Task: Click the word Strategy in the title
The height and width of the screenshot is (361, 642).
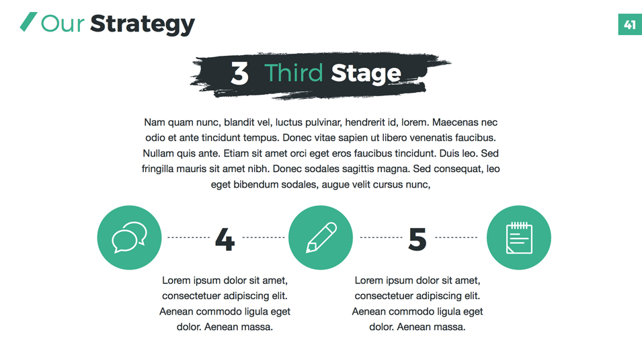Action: [x=142, y=24]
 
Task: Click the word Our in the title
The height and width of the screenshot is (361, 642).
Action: [x=63, y=24]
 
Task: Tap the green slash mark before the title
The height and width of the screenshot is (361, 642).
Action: [x=28, y=22]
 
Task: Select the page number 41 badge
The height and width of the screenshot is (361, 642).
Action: [x=630, y=25]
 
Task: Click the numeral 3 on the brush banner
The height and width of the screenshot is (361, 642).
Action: [x=239, y=73]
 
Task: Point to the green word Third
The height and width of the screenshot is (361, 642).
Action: [x=294, y=73]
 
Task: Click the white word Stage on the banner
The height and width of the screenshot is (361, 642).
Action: [x=366, y=74]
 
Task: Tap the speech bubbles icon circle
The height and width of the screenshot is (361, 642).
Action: [x=129, y=237]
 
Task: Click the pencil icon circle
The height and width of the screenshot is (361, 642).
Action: [x=321, y=237]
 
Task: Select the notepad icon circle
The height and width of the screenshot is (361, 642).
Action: [x=519, y=237]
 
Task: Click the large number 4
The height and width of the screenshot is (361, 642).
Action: [x=225, y=239]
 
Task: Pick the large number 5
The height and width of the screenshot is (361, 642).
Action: [x=417, y=239]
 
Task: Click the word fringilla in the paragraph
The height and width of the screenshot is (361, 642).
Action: [x=159, y=169]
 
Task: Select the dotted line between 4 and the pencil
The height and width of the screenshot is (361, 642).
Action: [x=264, y=237]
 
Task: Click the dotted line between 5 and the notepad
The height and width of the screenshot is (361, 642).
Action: [x=456, y=237]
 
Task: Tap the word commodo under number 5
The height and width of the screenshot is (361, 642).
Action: [x=411, y=311]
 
